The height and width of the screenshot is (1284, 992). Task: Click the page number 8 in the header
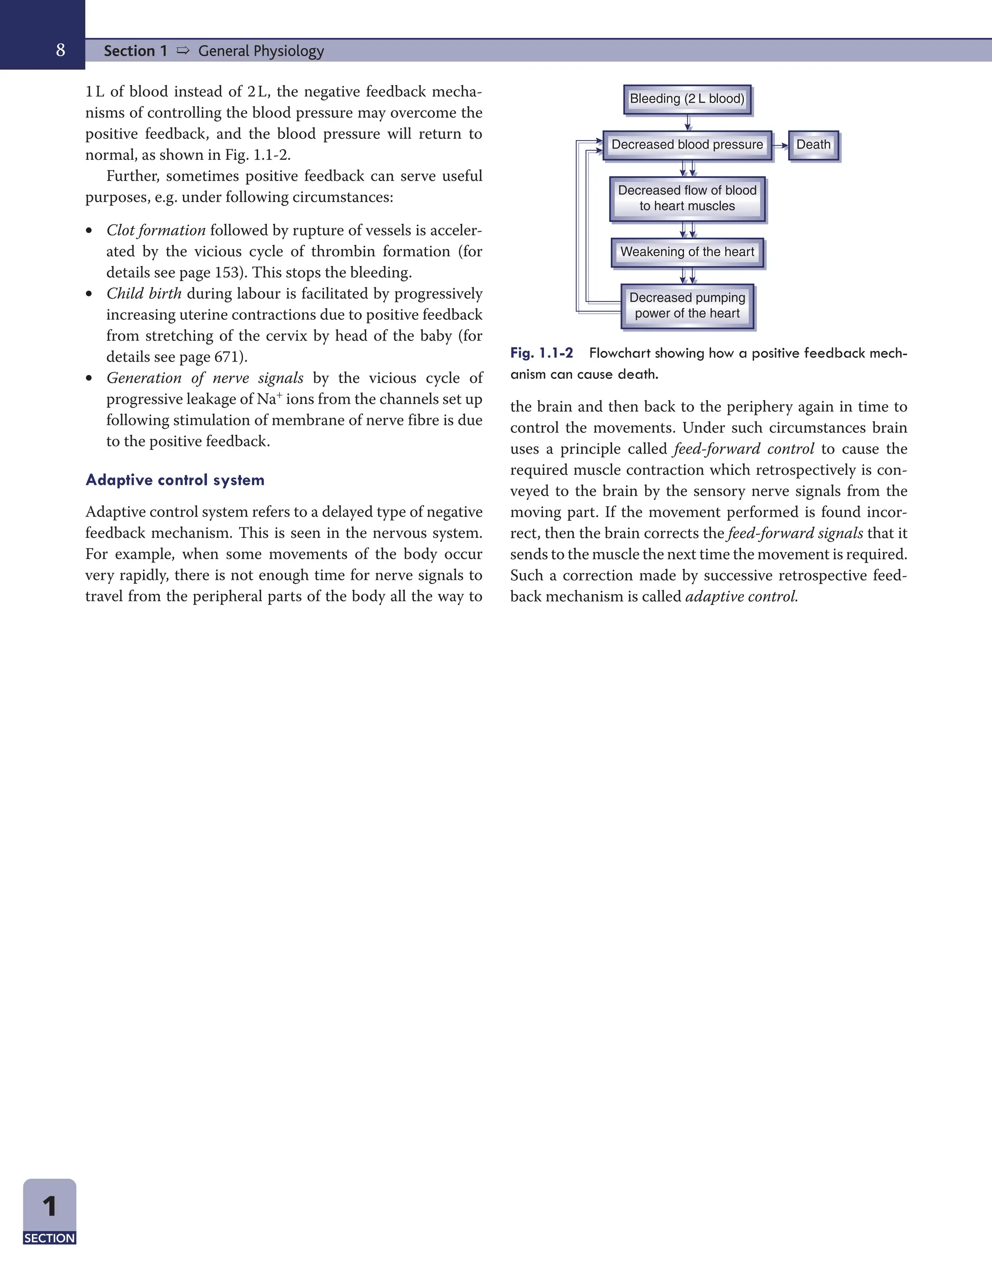click(x=61, y=50)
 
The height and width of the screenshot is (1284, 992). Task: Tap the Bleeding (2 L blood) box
click(x=687, y=99)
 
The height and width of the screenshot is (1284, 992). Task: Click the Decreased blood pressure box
click(x=687, y=144)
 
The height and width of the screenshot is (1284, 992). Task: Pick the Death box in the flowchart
click(x=813, y=144)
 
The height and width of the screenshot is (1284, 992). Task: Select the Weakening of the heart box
click(x=687, y=252)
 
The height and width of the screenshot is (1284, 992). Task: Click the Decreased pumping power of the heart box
click(x=687, y=306)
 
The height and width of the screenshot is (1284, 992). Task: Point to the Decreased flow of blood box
click(x=687, y=198)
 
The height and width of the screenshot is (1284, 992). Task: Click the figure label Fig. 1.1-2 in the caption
click(x=541, y=353)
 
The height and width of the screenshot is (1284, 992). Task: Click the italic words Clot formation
click(x=156, y=231)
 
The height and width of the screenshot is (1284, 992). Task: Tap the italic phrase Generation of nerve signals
click(x=204, y=378)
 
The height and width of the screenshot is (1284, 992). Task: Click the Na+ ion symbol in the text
click(x=269, y=399)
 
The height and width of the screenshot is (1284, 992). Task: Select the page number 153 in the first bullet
click(x=226, y=273)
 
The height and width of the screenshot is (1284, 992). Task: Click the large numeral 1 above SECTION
click(x=49, y=1207)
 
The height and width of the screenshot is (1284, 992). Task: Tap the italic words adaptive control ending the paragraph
click(x=741, y=597)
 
